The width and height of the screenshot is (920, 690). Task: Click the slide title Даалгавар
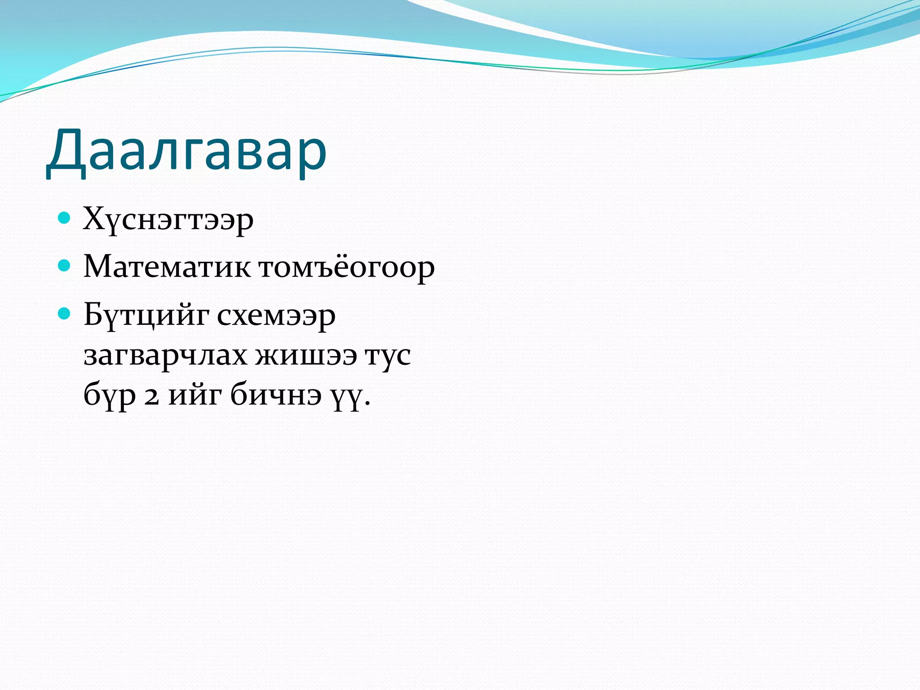click(186, 150)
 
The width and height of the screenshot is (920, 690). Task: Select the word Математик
click(167, 267)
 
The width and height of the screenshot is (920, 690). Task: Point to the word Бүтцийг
click(146, 316)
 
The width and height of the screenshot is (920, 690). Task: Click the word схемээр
click(276, 316)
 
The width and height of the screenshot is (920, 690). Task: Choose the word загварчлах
click(165, 356)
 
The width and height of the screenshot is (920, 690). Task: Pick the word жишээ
click(306, 356)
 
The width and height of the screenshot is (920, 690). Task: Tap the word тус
click(388, 356)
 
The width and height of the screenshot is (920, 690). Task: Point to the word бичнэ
click(276, 394)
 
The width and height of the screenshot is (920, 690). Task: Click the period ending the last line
click(368, 403)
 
